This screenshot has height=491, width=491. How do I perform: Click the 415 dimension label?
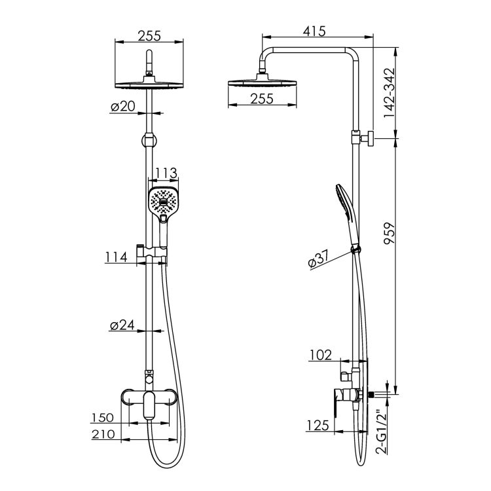[314, 31]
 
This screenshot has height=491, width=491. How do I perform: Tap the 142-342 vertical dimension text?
[390, 93]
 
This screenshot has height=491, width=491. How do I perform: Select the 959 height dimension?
[390, 233]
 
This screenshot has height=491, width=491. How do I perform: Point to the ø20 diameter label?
[123, 107]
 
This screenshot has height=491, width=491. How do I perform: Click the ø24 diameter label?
[122, 325]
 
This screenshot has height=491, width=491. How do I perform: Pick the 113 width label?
[166, 173]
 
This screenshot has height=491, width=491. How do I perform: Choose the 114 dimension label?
[116, 257]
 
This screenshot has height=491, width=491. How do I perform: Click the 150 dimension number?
[102, 418]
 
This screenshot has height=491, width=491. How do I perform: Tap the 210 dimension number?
[103, 434]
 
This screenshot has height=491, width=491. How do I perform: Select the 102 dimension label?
[320, 355]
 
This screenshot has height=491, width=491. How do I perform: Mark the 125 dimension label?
[318, 426]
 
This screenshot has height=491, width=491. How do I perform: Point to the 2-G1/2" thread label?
[382, 431]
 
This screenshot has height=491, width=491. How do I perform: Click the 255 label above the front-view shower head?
[149, 36]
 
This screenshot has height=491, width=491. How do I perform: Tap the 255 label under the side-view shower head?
[262, 99]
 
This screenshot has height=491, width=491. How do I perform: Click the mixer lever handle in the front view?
[149, 405]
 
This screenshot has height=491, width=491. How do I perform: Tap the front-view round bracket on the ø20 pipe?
[149, 139]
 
